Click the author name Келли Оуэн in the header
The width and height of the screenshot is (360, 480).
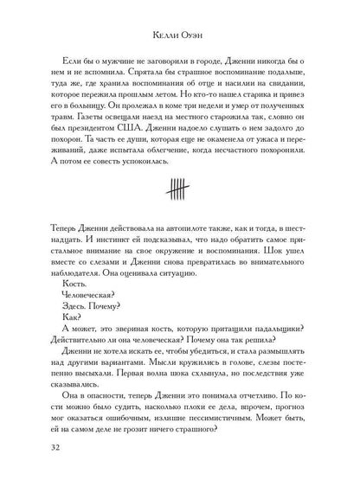click(179, 25)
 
